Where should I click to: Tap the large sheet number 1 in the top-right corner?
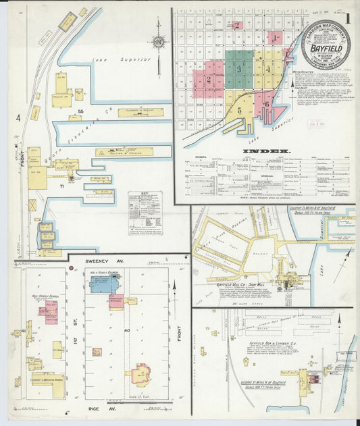click(x=348, y=18)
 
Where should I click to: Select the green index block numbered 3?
click(x=238, y=69)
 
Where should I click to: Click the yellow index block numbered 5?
click(x=239, y=109)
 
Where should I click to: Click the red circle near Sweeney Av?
click(x=70, y=268)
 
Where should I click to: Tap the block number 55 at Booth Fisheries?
click(x=80, y=111)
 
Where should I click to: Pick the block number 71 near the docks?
click(x=61, y=185)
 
